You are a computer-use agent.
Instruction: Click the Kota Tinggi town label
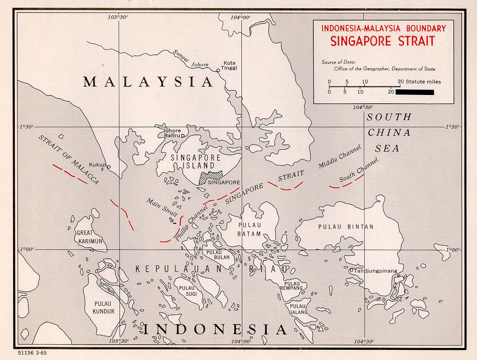tap(230, 65)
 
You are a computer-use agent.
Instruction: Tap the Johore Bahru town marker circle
tap(183, 136)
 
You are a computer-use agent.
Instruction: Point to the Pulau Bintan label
tap(346, 227)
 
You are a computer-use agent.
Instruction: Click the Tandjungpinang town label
tap(376, 271)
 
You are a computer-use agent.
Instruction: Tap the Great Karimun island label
tap(90, 237)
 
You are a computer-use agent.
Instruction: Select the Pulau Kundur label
tap(103, 307)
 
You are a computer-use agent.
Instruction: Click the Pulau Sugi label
tap(186, 291)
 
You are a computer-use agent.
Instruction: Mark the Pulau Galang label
tap(297, 309)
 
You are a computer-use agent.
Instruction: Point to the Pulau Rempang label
tap(293, 285)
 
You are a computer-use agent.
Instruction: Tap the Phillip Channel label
tap(191, 224)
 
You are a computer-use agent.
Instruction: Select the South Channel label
tap(358, 170)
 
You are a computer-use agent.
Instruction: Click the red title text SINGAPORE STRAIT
tap(382, 41)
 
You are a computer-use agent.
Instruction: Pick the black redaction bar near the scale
tap(415, 92)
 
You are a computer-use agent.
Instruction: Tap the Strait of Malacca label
tap(68, 159)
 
